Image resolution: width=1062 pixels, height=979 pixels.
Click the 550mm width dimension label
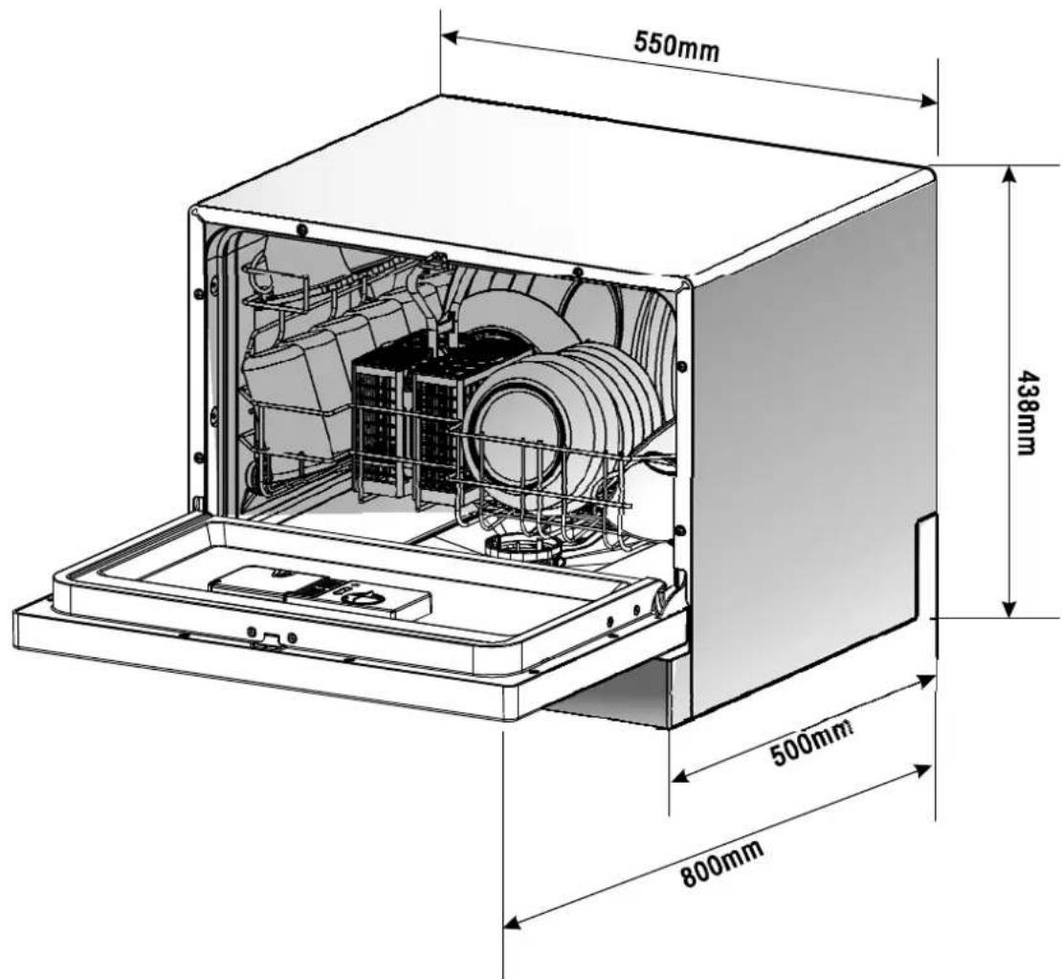click(676, 46)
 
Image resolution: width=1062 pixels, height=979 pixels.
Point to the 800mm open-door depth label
click(722, 862)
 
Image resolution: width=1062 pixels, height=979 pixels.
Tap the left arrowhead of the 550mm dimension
click(450, 37)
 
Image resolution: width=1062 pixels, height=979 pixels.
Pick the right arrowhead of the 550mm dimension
click(928, 100)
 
